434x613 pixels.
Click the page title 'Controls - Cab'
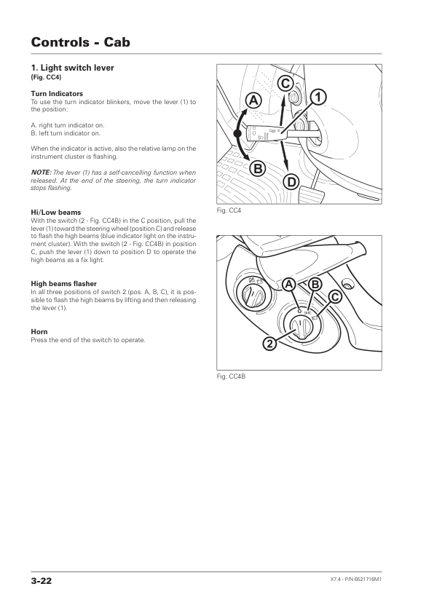81,41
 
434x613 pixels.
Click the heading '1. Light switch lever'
72,68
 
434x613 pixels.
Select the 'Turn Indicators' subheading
57,94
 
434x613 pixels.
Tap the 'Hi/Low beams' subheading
56,213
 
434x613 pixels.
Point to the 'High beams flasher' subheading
64,284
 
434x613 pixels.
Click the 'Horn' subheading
39,332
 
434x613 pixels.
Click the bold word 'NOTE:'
41,173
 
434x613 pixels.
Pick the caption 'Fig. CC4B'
231,376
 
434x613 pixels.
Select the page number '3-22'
41,581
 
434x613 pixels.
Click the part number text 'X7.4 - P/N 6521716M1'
356,580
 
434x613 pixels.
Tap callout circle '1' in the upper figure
318,97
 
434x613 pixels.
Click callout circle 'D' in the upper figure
291,182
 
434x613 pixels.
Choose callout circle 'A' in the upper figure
253,101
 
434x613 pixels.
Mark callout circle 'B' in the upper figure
258,169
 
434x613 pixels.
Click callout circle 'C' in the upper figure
285,84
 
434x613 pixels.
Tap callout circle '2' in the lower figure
269,344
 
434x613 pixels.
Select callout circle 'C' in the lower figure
335,297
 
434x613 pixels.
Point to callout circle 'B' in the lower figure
315,285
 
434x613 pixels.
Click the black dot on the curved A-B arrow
237,134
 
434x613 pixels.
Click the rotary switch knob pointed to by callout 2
301,326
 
